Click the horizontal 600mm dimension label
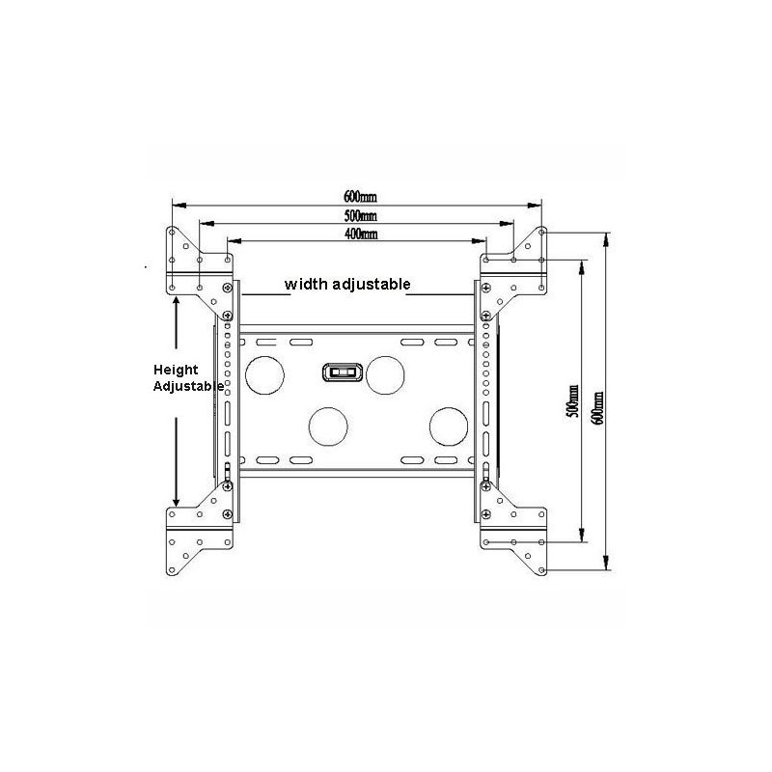coord(360,197)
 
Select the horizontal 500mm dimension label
coord(360,215)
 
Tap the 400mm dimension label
coord(361,234)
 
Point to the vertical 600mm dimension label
coord(597,408)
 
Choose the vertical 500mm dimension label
coord(572,401)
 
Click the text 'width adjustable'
coord(347,284)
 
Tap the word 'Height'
coord(176,370)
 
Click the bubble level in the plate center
coord(343,372)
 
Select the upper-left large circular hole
coord(264,375)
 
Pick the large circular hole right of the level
coord(385,375)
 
